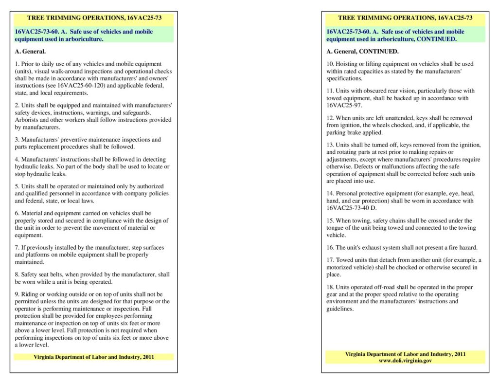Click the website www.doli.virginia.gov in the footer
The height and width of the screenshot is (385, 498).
[x=405, y=361]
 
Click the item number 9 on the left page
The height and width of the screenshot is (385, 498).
[x=17, y=294]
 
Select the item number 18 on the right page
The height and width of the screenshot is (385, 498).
[x=330, y=287]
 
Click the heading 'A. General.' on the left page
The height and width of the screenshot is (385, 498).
[x=30, y=51]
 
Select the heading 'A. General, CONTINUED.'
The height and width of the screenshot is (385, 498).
[x=362, y=51]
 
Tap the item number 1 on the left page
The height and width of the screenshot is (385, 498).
[x=17, y=64]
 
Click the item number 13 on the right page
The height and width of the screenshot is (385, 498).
[x=330, y=145]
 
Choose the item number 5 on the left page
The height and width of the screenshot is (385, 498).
[x=17, y=186]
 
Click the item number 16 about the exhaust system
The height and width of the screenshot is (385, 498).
[x=330, y=247]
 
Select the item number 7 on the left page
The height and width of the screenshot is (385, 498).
[x=17, y=247]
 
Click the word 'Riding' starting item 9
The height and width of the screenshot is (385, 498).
[x=29, y=294]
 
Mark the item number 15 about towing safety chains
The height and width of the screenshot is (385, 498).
[x=330, y=220]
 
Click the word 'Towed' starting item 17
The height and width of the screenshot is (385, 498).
[x=344, y=260]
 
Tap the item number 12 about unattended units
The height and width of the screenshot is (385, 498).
[x=330, y=118]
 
